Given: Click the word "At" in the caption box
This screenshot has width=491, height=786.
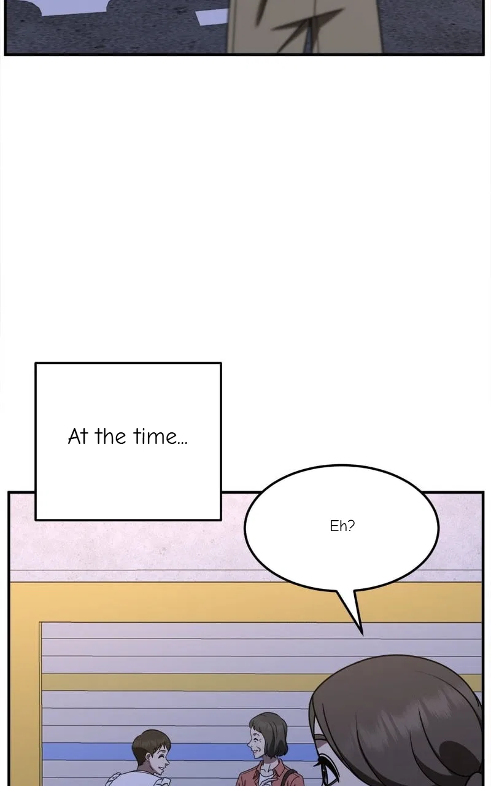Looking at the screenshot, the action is pyautogui.click(x=77, y=437).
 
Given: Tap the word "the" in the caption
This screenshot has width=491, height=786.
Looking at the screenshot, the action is pyautogui.click(x=110, y=437).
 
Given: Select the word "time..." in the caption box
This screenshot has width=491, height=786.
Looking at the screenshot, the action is pyautogui.click(x=160, y=437).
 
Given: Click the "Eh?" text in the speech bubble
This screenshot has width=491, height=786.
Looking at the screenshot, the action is pyautogui.click(x=342, y=526).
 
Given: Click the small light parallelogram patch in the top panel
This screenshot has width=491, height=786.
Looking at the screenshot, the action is pyautogui.click(x=211, y=17).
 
